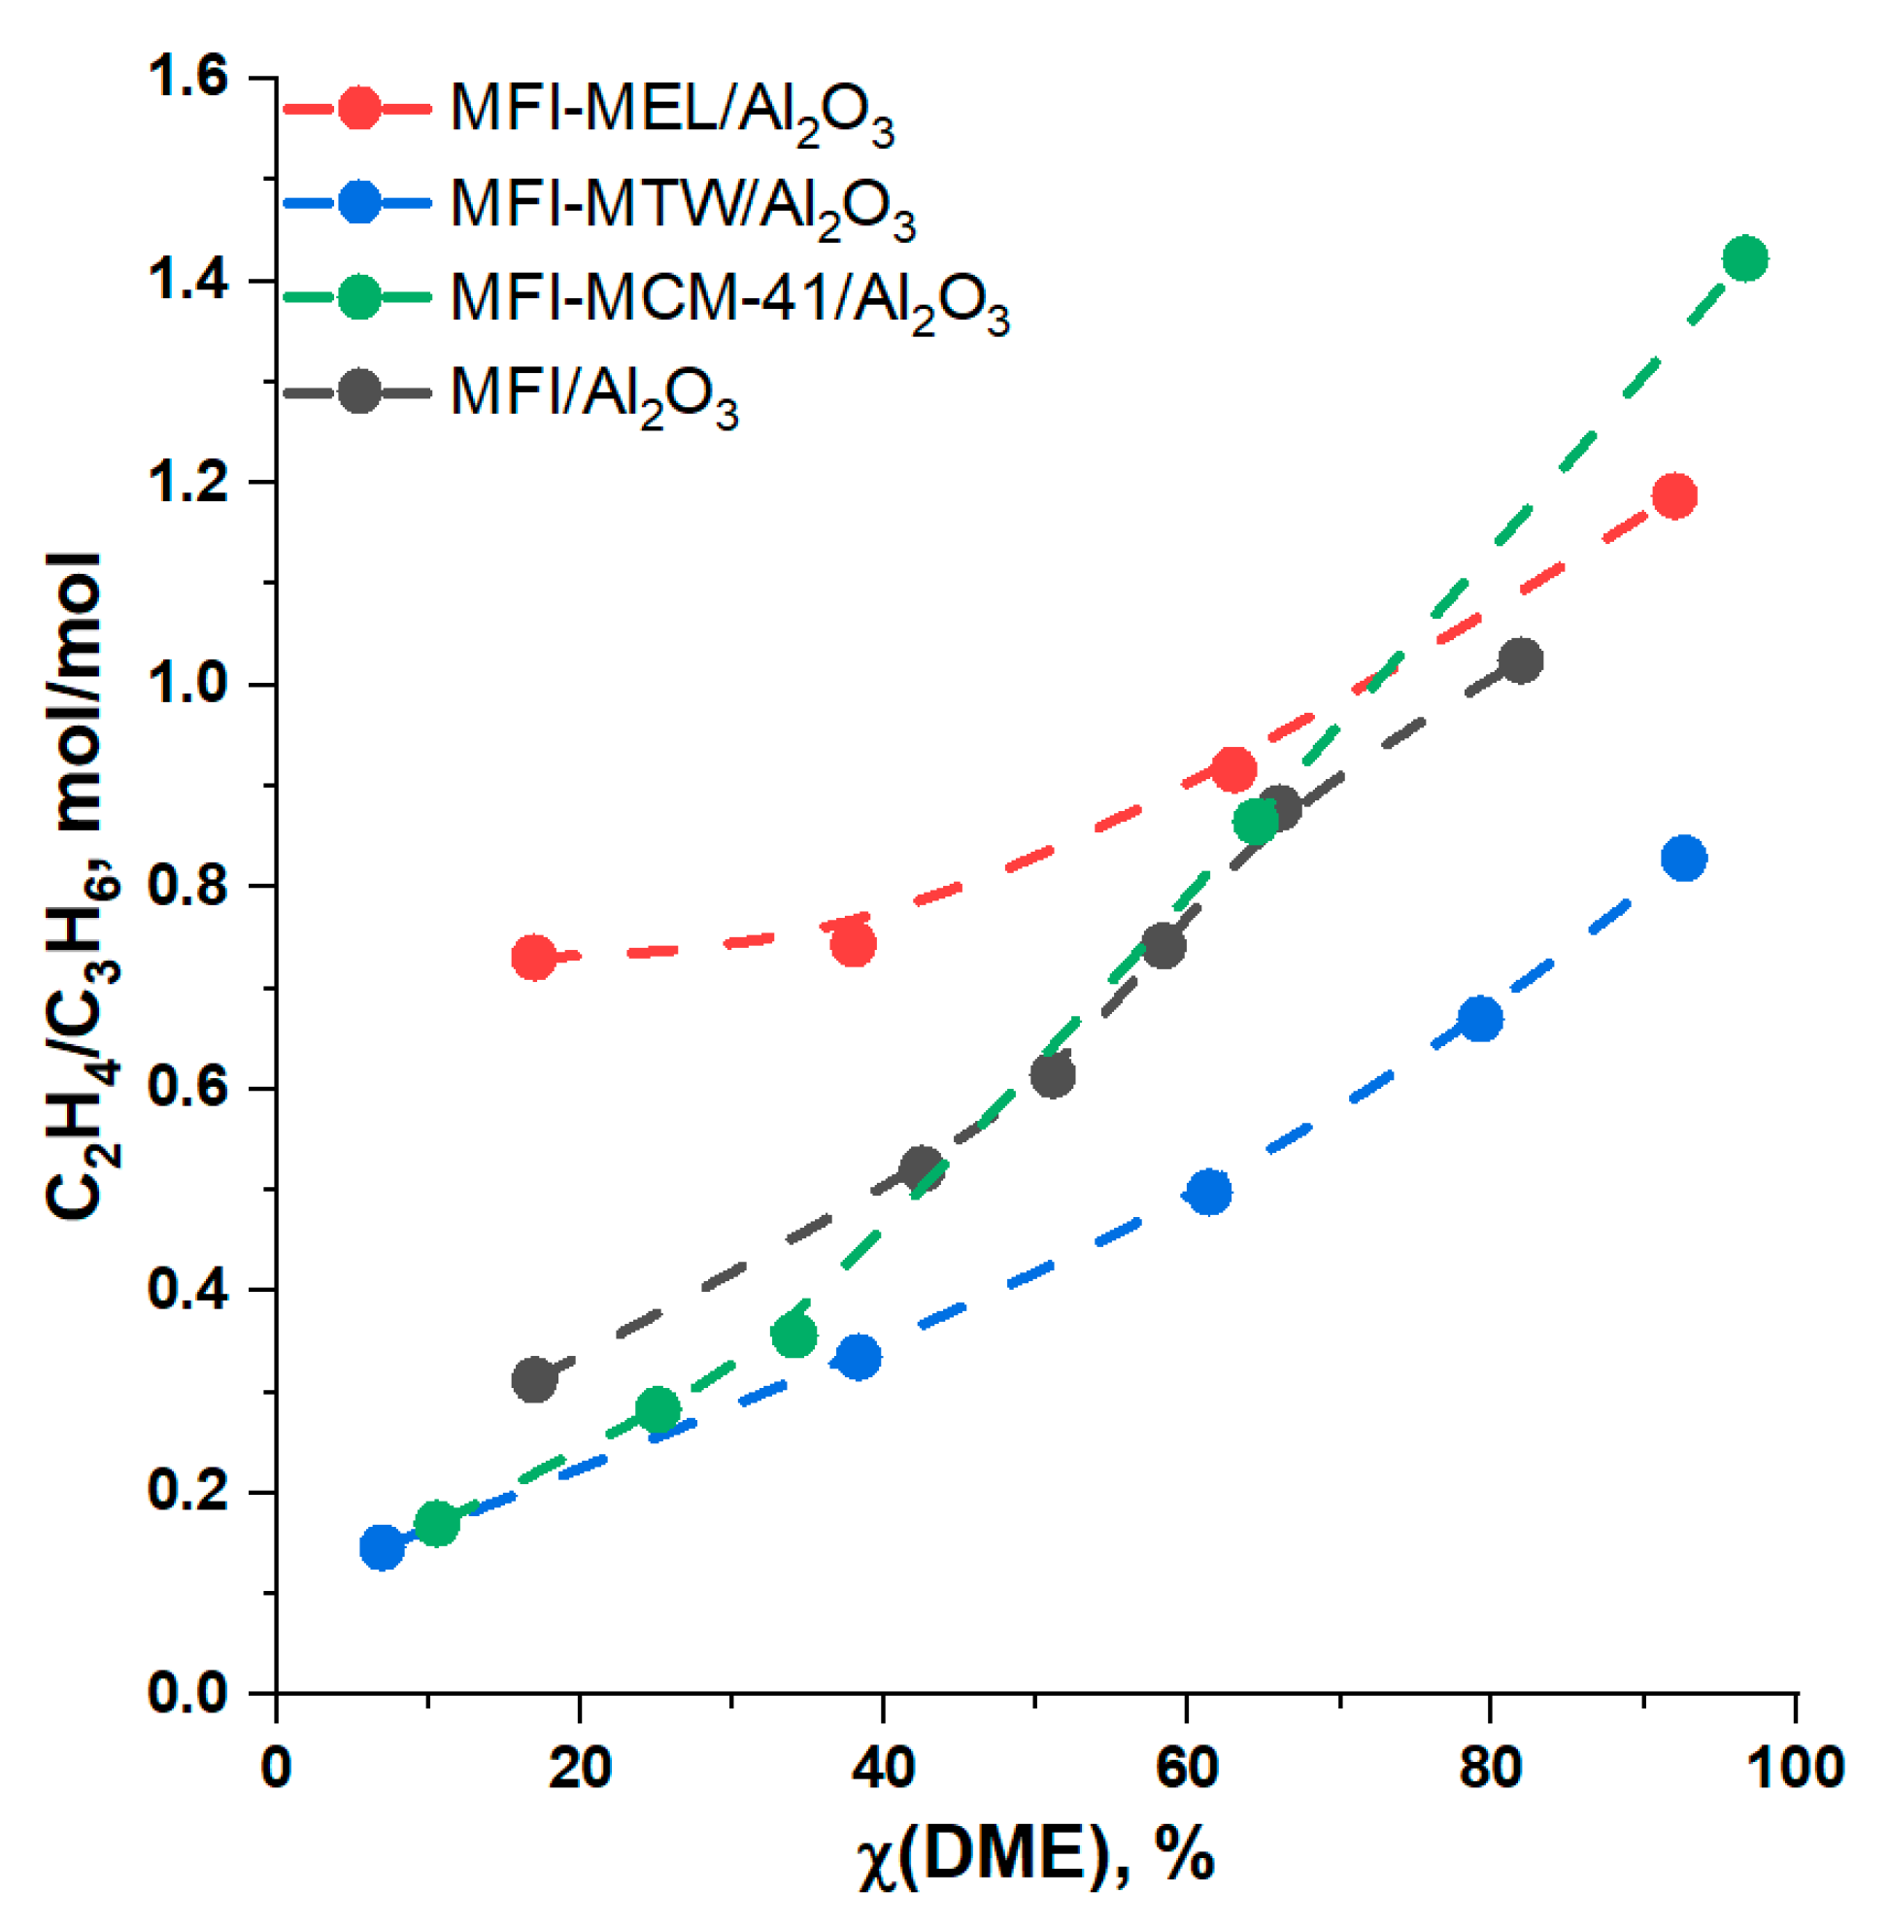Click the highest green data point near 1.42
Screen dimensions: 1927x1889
coord(1745,259)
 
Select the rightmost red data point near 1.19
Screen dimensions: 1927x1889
coord(1674,495)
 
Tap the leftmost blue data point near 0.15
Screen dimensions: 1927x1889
coord(382,1547)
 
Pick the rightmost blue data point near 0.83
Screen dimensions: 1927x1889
coord(1684,858)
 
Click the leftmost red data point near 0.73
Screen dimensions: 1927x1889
coord(534,958)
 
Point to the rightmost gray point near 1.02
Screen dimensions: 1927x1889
coord(1521,659)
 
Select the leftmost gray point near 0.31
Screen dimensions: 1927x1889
coord(534,1379)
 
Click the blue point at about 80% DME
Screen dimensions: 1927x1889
coord(1480,1019)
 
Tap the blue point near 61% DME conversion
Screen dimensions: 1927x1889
coord(1209,1192)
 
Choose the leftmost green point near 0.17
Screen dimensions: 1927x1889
coord(436,1522)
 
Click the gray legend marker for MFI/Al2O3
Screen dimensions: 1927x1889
coord(358,392)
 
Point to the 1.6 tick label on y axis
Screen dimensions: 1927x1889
coord(186,78)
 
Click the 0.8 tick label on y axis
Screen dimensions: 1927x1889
coord(186,885)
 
